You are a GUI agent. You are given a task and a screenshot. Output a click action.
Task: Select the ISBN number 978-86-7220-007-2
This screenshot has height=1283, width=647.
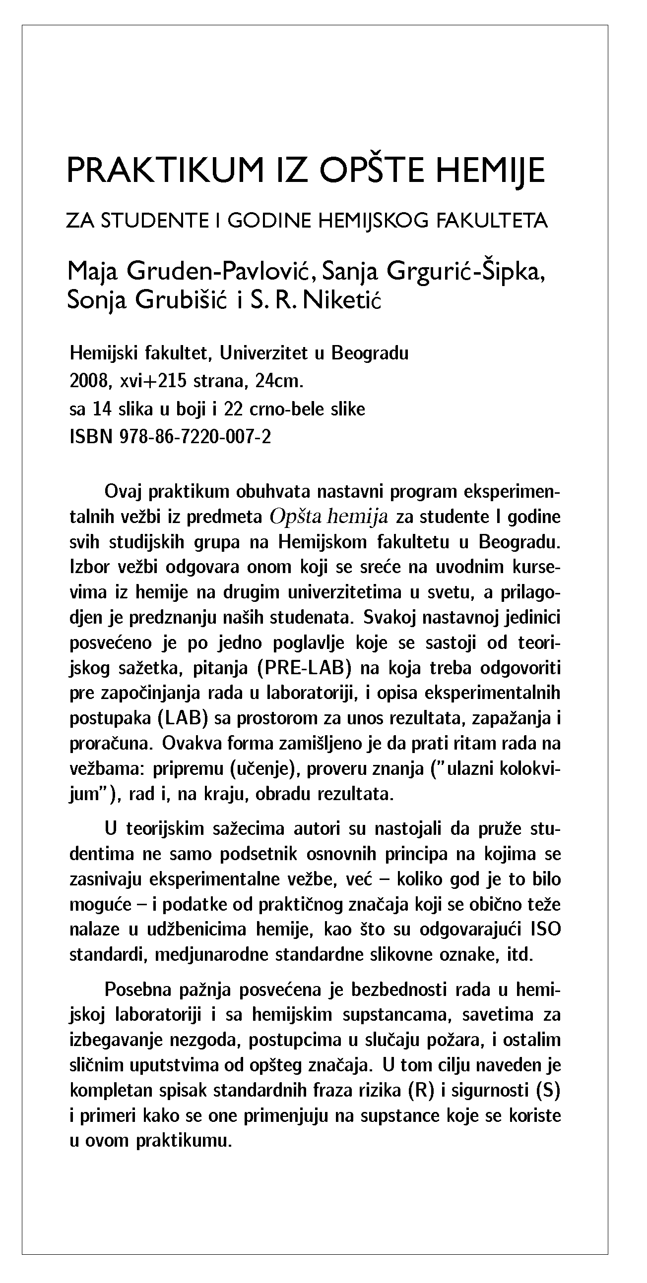tap(196, 437)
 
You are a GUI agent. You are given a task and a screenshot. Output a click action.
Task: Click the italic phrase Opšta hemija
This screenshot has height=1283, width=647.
tap(328, 517)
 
